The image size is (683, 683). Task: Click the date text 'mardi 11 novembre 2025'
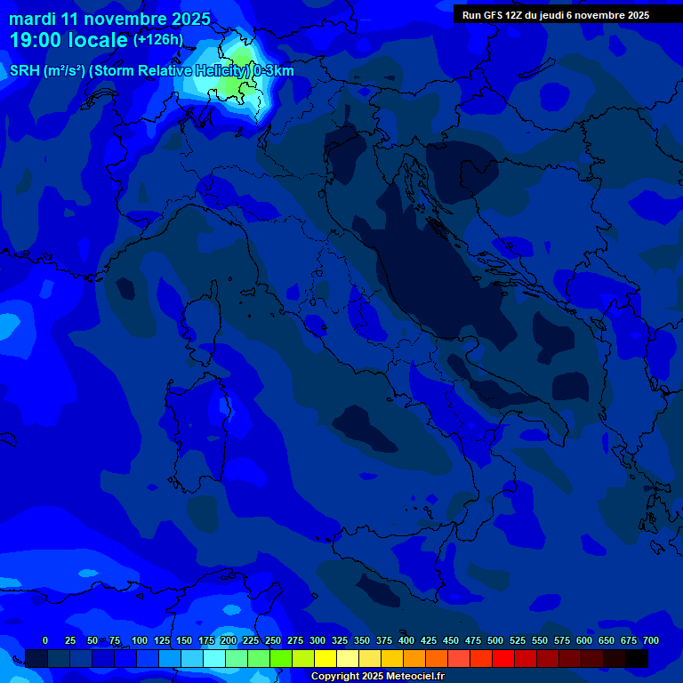[109, 19]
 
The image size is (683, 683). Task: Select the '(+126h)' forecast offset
[157, 40]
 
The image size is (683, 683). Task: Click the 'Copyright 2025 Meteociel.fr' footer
[377, 676]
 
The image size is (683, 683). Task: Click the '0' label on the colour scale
[45, 640]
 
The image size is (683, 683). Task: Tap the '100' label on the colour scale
[140, 640]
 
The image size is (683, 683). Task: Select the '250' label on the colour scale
[273, 640]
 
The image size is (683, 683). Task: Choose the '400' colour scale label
[406, 640]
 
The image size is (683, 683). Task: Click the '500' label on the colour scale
[495, 640]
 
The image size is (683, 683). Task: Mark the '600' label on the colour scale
[584, 640]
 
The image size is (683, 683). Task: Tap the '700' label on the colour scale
[651, 640]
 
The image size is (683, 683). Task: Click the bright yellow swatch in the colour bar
[325, 658]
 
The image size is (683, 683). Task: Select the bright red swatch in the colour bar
[503, 658]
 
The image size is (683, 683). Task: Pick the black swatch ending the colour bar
[637, 658]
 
